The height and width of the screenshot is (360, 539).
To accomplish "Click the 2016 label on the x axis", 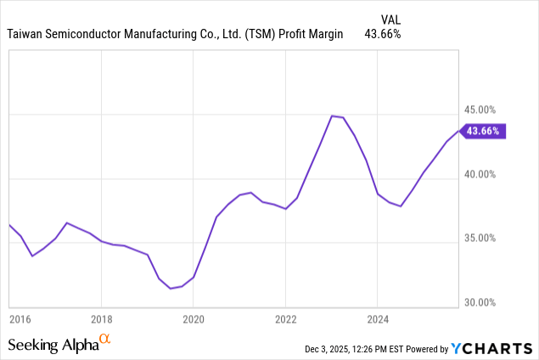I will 20,320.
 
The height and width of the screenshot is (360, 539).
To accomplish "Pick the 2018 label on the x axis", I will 101,320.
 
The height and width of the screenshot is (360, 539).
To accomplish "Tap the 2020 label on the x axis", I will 194,320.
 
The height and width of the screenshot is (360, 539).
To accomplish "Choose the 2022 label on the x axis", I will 286,320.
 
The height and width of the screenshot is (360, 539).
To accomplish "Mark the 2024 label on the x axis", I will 378,320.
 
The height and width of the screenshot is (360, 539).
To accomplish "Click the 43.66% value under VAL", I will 383,34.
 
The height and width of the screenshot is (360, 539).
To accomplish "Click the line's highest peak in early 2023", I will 332,115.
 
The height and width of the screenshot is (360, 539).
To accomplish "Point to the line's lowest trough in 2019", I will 171,289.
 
